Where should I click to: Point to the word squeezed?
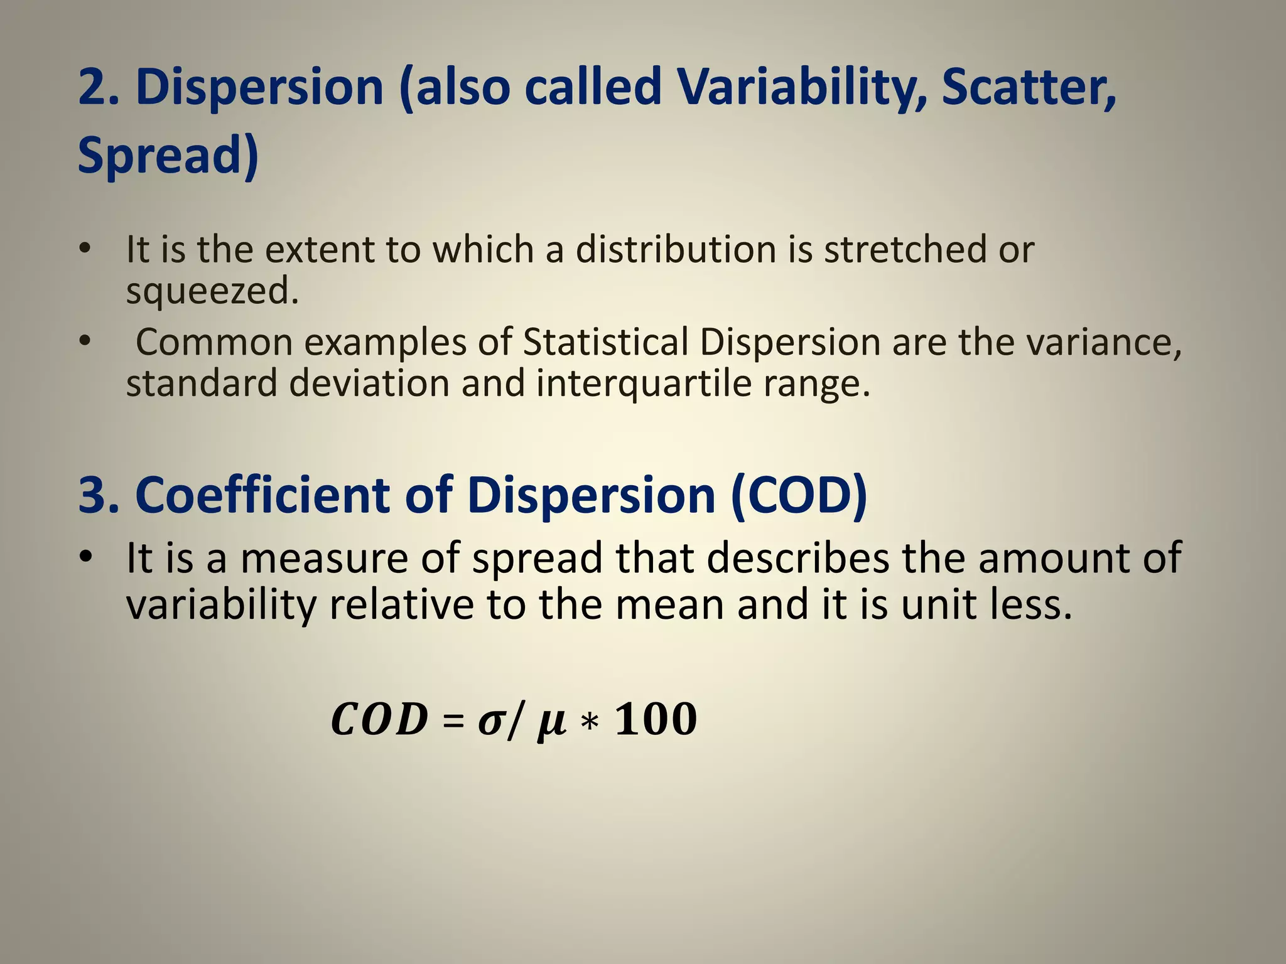click(212, 291)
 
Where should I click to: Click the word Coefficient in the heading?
click(262, 495)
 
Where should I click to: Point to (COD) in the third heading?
click(799, 495)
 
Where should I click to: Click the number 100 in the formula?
click(656, 719)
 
